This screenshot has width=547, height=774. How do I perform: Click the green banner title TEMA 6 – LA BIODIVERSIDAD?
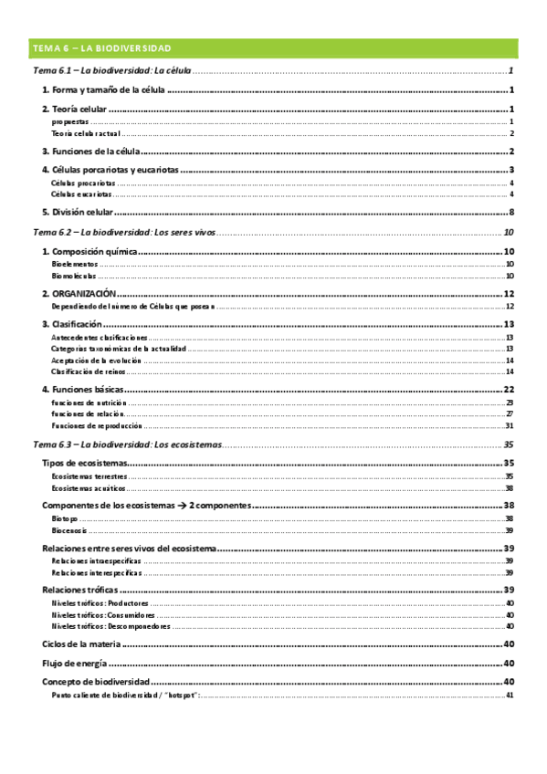pos(101,47)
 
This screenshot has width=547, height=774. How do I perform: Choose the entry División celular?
pos(78,212)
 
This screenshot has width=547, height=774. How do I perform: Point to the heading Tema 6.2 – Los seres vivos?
pos(123,233)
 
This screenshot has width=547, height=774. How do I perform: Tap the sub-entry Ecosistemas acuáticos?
pos(85,488)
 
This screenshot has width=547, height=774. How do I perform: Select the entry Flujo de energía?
pos(75,663)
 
